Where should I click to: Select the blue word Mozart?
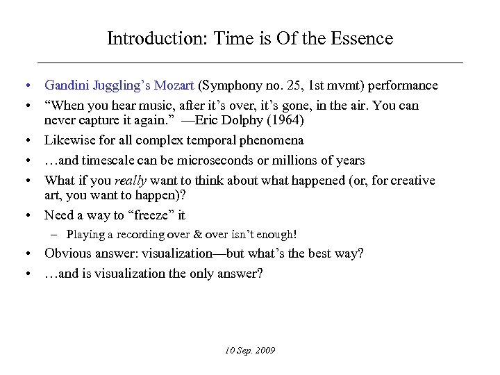[176, 85]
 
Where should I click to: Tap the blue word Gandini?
[67, 85]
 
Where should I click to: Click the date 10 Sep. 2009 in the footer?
[250, 350]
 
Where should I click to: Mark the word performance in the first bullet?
[403, 85]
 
